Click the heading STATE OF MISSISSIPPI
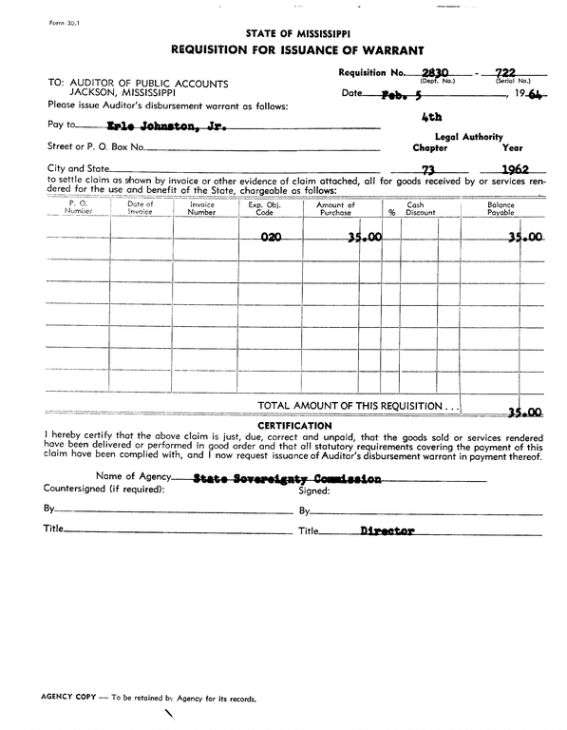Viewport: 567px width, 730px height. (297, 32)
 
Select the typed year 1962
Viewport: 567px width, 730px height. (517, 171)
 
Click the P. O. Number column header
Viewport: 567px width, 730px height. (79, 208)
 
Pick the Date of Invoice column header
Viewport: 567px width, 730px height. (140, 208)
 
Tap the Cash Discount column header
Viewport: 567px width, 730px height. (415, 208)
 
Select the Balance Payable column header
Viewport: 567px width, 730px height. (501, 208)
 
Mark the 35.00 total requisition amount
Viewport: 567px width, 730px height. (524, 413)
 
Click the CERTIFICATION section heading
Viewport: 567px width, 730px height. (294, 425)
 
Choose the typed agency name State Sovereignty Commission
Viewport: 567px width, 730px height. (287, 480)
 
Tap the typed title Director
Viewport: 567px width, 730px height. (387, 531)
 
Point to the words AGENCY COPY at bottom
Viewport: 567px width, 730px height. (66, 698)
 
